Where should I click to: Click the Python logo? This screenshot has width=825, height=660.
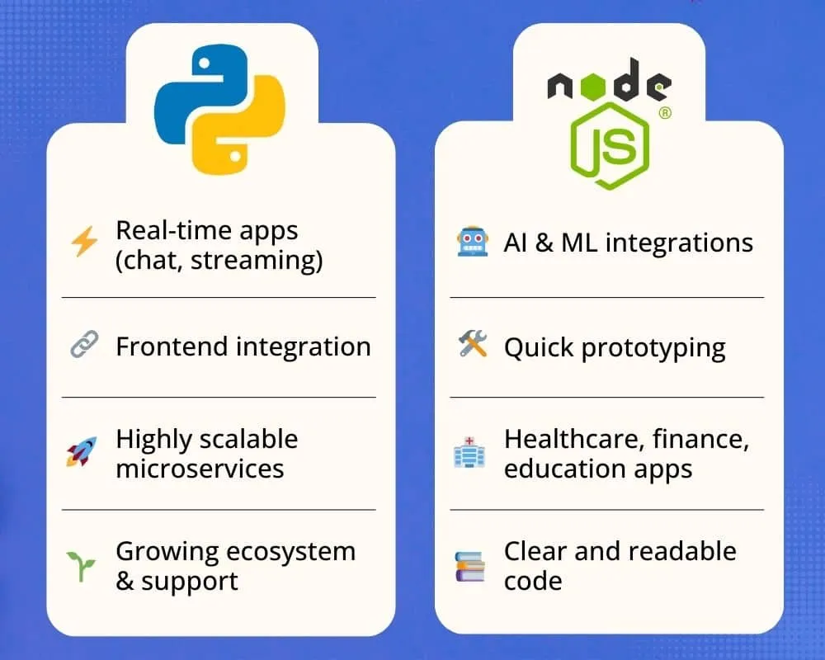pyautogui.click(x=220, y=109)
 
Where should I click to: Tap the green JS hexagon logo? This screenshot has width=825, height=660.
pyautogui.click(x=611, y=144)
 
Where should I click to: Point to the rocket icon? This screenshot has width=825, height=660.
pyautogui.click(x=82, y=452)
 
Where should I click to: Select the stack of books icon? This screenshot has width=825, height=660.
pyautogui.click(x=470, y=567)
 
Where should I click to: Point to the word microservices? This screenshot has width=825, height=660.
pyautogui.click(x=200, y=469)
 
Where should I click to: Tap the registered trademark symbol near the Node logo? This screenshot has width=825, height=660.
pyautogui.click(x=664, y=113)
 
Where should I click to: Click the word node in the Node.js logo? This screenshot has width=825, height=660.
pyautogui.click(x=610, y=84)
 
